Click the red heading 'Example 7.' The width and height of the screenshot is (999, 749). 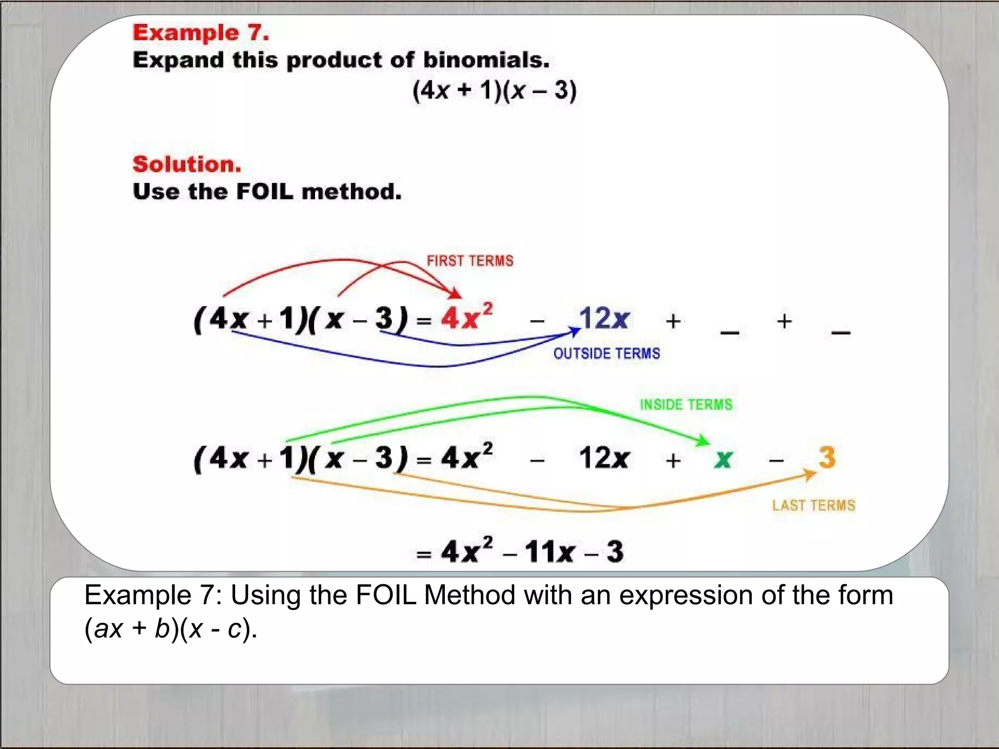click(x=200, y=33)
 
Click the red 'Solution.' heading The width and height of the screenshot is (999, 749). click(x=187, y=164)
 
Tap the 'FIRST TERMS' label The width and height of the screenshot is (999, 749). click(x=470, y=261)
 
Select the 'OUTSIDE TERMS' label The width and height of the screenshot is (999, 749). click(x=606, y=354)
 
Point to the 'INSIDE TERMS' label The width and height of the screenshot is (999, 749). click(x=686, y=405)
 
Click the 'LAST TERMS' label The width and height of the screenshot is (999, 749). click(x=813, y=505)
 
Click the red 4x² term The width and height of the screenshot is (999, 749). click(x=466, y=317)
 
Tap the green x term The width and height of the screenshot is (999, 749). click(x=723, y=459)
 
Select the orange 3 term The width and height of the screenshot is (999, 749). click(x=827, y=457)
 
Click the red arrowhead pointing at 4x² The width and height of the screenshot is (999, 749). click(x=456, y=294)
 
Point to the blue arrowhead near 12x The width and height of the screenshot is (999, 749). click(x=576, y=332)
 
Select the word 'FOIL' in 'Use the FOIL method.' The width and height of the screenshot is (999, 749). click(x=265, y=192)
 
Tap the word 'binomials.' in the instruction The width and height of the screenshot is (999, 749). click(x=486, y=60)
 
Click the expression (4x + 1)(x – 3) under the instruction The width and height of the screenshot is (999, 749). click(x=494, y=91)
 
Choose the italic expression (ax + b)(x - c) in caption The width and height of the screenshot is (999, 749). click(x=170, y=629)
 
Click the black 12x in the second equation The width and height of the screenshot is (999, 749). click(x=603, y=458)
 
